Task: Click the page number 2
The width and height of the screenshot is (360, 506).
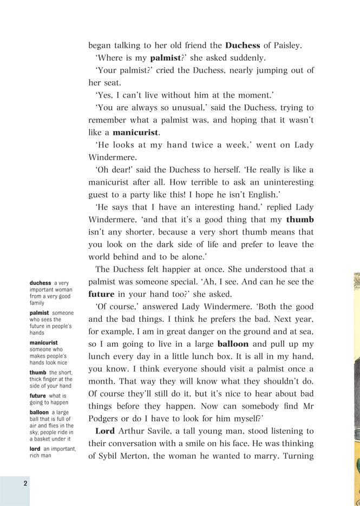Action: tap(25, 483)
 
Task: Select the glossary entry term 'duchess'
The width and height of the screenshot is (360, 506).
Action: tap(41, 283)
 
